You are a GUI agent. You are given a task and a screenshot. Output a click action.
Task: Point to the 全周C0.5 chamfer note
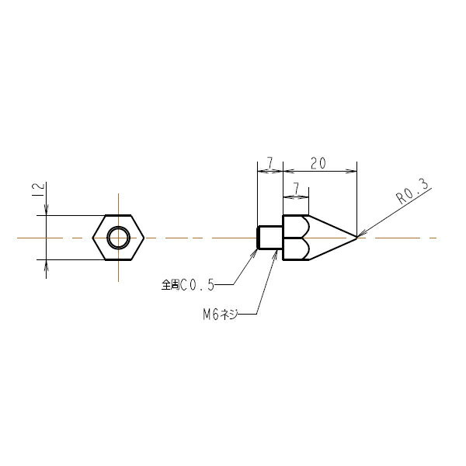[187, 285]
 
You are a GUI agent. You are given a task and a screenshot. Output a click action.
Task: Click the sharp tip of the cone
[356, 237]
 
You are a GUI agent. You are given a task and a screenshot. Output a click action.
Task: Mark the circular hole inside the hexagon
[119, 237]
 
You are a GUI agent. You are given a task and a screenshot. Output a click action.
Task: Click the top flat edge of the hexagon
[119, 215]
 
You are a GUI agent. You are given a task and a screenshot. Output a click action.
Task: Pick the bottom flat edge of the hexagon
[119, 259]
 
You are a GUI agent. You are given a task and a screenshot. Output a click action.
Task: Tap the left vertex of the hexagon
[93, 237]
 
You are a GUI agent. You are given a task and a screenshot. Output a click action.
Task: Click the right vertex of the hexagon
[145, 237]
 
